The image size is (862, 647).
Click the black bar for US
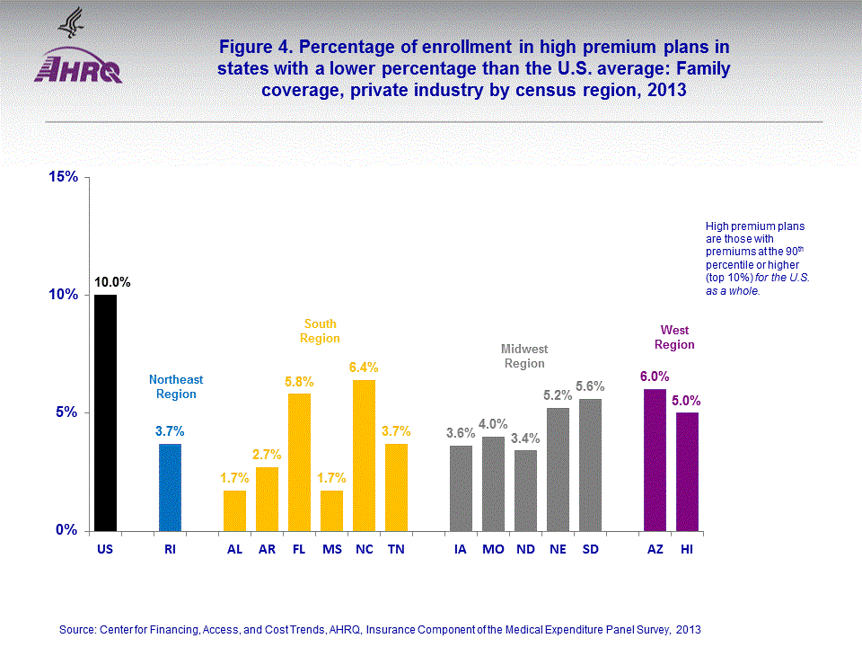(105, 412)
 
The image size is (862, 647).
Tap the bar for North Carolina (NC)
(364, 455)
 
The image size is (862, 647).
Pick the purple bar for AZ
(655, 459)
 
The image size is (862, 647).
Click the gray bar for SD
(590, 465)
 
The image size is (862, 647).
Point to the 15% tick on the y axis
(66, 177)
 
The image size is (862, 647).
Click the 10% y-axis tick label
(66, 295)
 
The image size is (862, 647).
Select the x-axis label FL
(299, 548)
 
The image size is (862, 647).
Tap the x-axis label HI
(687, 548)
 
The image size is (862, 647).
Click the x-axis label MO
(493, 548)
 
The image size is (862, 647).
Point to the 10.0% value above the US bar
(113, 282)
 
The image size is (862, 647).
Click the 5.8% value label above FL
(300, 381)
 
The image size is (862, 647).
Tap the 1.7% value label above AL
(234, 477)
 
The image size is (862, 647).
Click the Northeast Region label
(176, 386)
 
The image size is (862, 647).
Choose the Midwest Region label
(524, 356)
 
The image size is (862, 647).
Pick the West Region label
(674, 337)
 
